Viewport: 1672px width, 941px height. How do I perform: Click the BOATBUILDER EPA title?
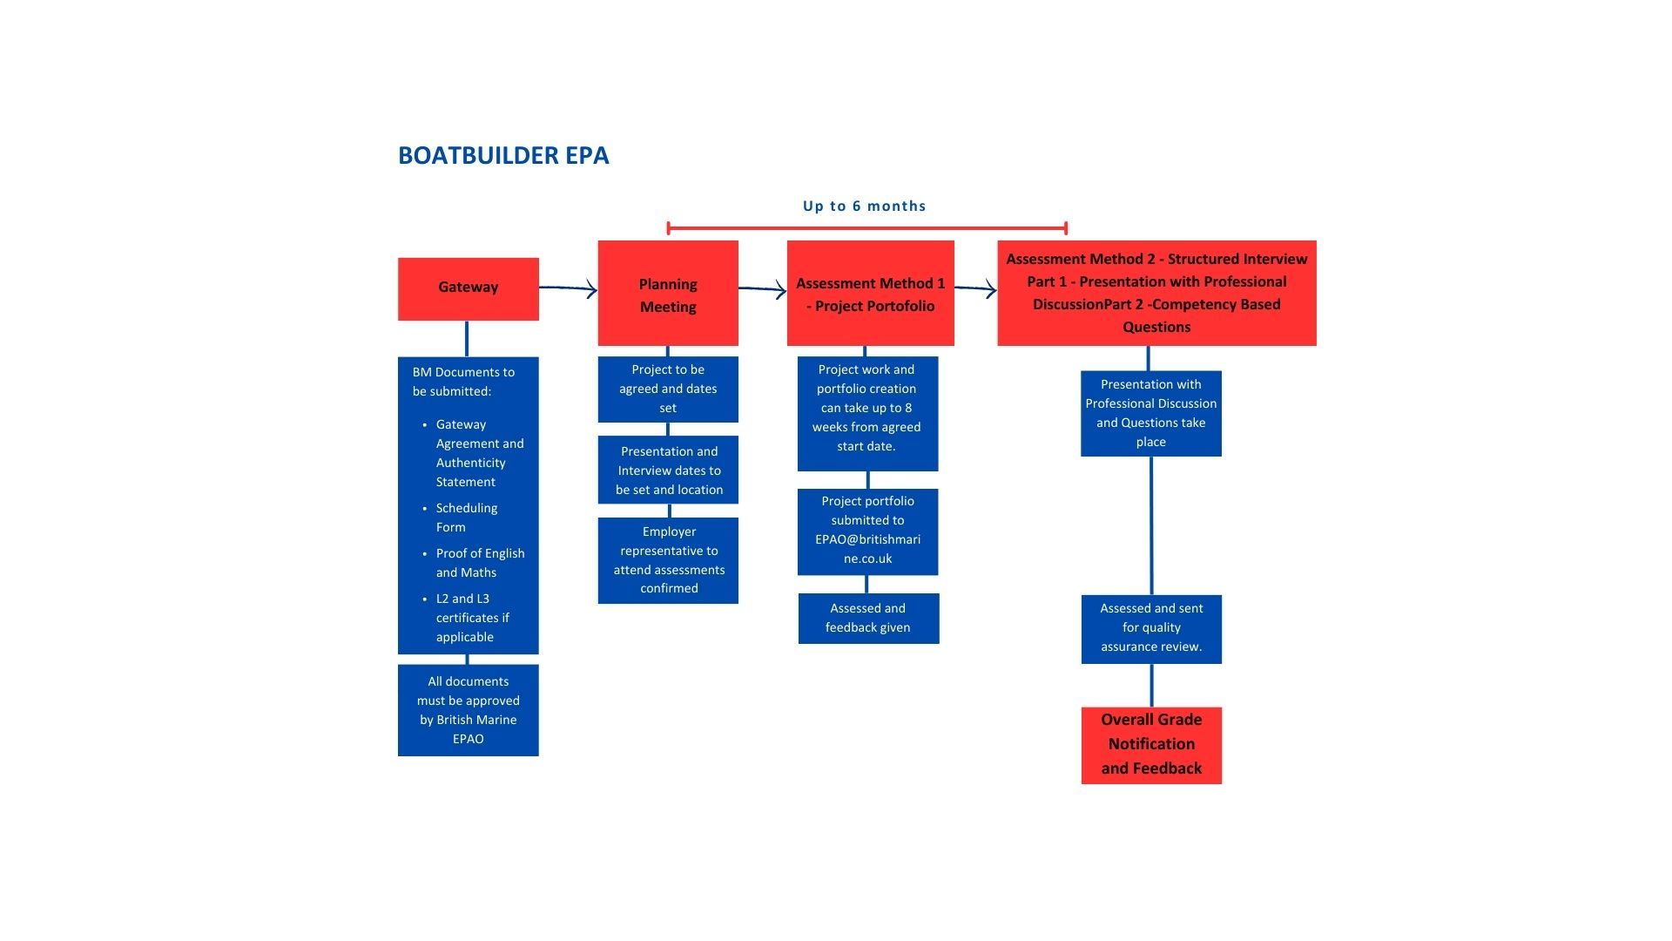pyautogui.click(x=503, y=155)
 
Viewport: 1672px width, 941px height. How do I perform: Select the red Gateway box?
pyautogui.click(x=468, y=288)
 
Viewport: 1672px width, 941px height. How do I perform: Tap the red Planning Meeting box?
pyautogui.click(x=668, y=294)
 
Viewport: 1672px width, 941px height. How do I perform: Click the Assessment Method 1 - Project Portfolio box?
pyautogui.click(x=870, y=294)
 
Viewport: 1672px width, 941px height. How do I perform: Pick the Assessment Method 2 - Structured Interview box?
pyautogui.click(x=1156, y=293)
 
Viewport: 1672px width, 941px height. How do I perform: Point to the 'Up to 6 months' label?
pyautogui.click(x=864, y=206)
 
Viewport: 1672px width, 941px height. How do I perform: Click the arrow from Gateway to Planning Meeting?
pyautogui.click(x=568, y=288)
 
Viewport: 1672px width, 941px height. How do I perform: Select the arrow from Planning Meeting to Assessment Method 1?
pyautogui.click(x=762, y=289)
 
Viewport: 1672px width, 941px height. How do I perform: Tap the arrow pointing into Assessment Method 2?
pyautogui.click(x=975, y=289)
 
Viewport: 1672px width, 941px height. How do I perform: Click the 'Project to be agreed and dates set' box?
pyautogui.click(x=668, y=389)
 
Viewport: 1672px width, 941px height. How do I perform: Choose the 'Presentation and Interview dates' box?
pyautogui.click(x=668, y=470)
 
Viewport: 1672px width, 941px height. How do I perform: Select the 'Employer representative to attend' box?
pyautogui.click(x=668, y=559)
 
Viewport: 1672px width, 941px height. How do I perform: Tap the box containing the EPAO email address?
pyautogui.click(x=867, y=531)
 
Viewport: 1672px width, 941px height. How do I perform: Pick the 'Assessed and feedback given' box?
pyautogui.click(x=868, y=618)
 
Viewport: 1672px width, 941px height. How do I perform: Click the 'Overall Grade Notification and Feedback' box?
pyautogui.click(x=1151, y=745)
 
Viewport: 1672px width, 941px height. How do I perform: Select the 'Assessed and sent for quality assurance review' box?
pyautogui.click(x=1151, y=628)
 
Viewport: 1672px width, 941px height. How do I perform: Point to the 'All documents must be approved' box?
pyautogui.click(x=468, y=710)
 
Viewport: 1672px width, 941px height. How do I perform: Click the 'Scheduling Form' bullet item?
pyautogui.click(x=467, y=518)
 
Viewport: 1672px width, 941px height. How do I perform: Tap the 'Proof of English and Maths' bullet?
pyautogui.click(x=480, y=563)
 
